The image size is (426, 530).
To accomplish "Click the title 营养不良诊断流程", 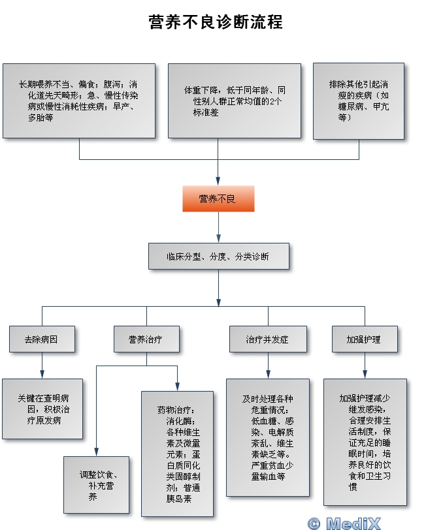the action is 216,22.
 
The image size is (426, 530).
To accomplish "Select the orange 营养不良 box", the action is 218,198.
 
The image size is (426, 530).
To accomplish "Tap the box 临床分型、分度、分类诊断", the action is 219,257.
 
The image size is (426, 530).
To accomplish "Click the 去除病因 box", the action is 42,339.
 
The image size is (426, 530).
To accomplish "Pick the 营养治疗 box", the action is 146,339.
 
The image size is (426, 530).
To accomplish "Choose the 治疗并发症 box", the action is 268,339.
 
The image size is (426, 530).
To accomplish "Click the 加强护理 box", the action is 365,339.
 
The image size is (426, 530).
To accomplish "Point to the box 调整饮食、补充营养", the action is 97,485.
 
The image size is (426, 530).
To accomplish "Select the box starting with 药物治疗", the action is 177,454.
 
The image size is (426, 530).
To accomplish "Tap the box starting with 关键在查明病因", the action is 42,409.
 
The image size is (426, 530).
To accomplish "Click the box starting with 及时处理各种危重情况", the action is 268,437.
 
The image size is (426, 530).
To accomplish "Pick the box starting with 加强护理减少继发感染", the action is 365,442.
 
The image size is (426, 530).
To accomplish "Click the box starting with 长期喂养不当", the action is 79,101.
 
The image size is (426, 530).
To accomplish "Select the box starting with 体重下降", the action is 235,101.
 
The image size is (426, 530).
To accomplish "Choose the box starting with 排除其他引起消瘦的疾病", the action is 359,101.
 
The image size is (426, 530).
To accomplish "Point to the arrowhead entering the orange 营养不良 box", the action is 218,181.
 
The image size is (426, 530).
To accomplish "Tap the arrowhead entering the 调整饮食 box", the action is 97,452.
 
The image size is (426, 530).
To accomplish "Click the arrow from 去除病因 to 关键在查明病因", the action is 42,366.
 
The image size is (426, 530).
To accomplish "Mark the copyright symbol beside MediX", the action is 314,523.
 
